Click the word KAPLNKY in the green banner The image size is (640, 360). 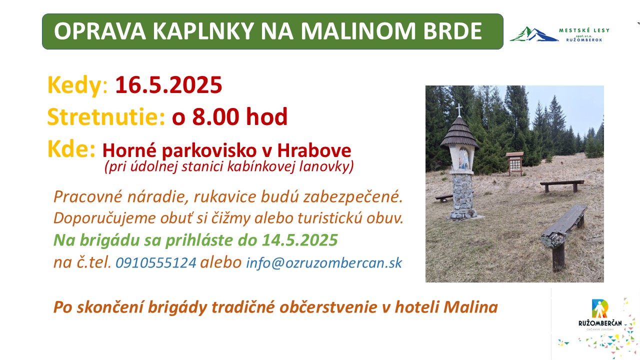point(203,31)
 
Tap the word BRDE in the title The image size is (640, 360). point(453,31)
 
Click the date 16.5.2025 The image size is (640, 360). point(168,85)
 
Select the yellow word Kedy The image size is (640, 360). point(74,85)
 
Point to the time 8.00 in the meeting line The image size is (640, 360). point(215,116)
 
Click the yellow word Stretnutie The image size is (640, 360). point(106,116)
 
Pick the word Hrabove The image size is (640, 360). point(314,150)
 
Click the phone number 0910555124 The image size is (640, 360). point(156,262)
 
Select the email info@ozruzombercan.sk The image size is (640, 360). point(324,263)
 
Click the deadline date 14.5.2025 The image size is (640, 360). point(300,240)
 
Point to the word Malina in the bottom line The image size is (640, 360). point(471,307)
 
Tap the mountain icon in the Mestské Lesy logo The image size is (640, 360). point(533,34)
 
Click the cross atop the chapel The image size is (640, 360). point(459,109)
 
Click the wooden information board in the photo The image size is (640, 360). point(515,163)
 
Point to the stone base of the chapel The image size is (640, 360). point(463,196)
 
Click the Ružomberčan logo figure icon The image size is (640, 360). point(599,308)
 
